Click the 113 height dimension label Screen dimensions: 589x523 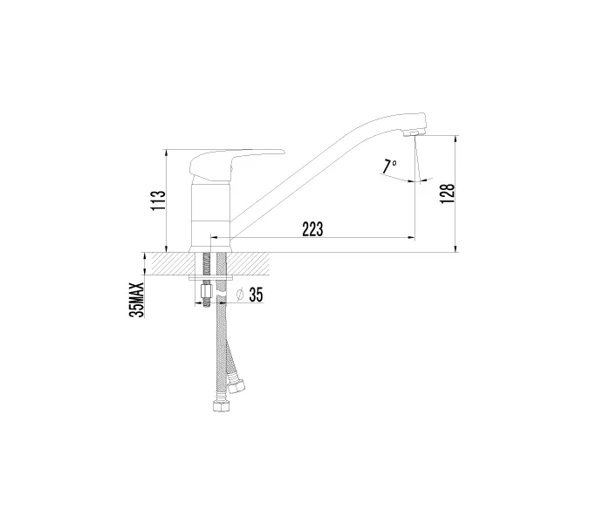(x=158, y=200)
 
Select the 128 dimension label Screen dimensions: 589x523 (x=448, y=194)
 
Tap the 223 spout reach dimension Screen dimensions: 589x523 (x=312, y=229)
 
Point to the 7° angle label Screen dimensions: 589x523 (x=389, y=166)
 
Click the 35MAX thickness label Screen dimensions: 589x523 (x=136, y=300)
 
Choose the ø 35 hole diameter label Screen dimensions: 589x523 (x=250, y=295)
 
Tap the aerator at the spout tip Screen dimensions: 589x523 (x=413, y=133)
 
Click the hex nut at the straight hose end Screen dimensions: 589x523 (x=221, y=407)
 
